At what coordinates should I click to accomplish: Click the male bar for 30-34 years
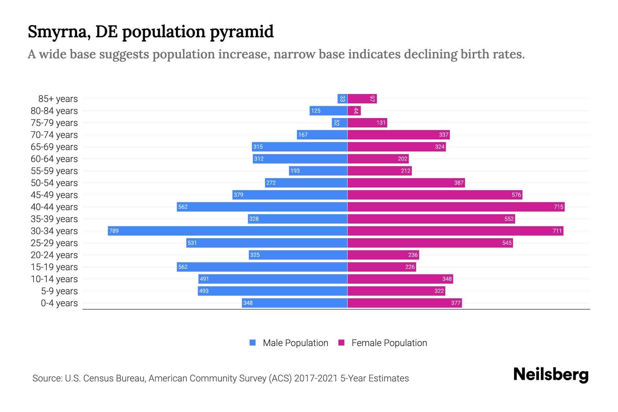(x=227, y=231)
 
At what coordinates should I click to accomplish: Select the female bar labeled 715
(x=456, y=207)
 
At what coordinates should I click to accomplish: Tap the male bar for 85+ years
(x=342, y=99)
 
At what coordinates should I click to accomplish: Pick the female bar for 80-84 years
(x=354, y=111)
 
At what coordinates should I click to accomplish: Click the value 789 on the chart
(x=114, y=231)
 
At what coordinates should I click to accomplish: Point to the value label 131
(x=381, y=123)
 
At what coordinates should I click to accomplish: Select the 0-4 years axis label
(x=59, y=303)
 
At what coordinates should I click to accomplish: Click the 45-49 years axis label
(x=54, y=195)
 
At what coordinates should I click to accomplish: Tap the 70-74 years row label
(x=54, y=135)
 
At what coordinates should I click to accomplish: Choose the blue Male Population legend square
(x=253, y=343)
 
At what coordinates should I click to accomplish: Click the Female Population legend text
(x=389, y=343)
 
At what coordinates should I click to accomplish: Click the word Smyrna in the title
(x=59, y=32)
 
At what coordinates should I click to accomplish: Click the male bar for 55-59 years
(x=318, y=171)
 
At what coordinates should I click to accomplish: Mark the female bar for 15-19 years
(x=381, y=267)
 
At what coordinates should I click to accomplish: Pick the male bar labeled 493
(x=272, y=291)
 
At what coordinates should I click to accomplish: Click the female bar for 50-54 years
(x=406, y=183)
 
